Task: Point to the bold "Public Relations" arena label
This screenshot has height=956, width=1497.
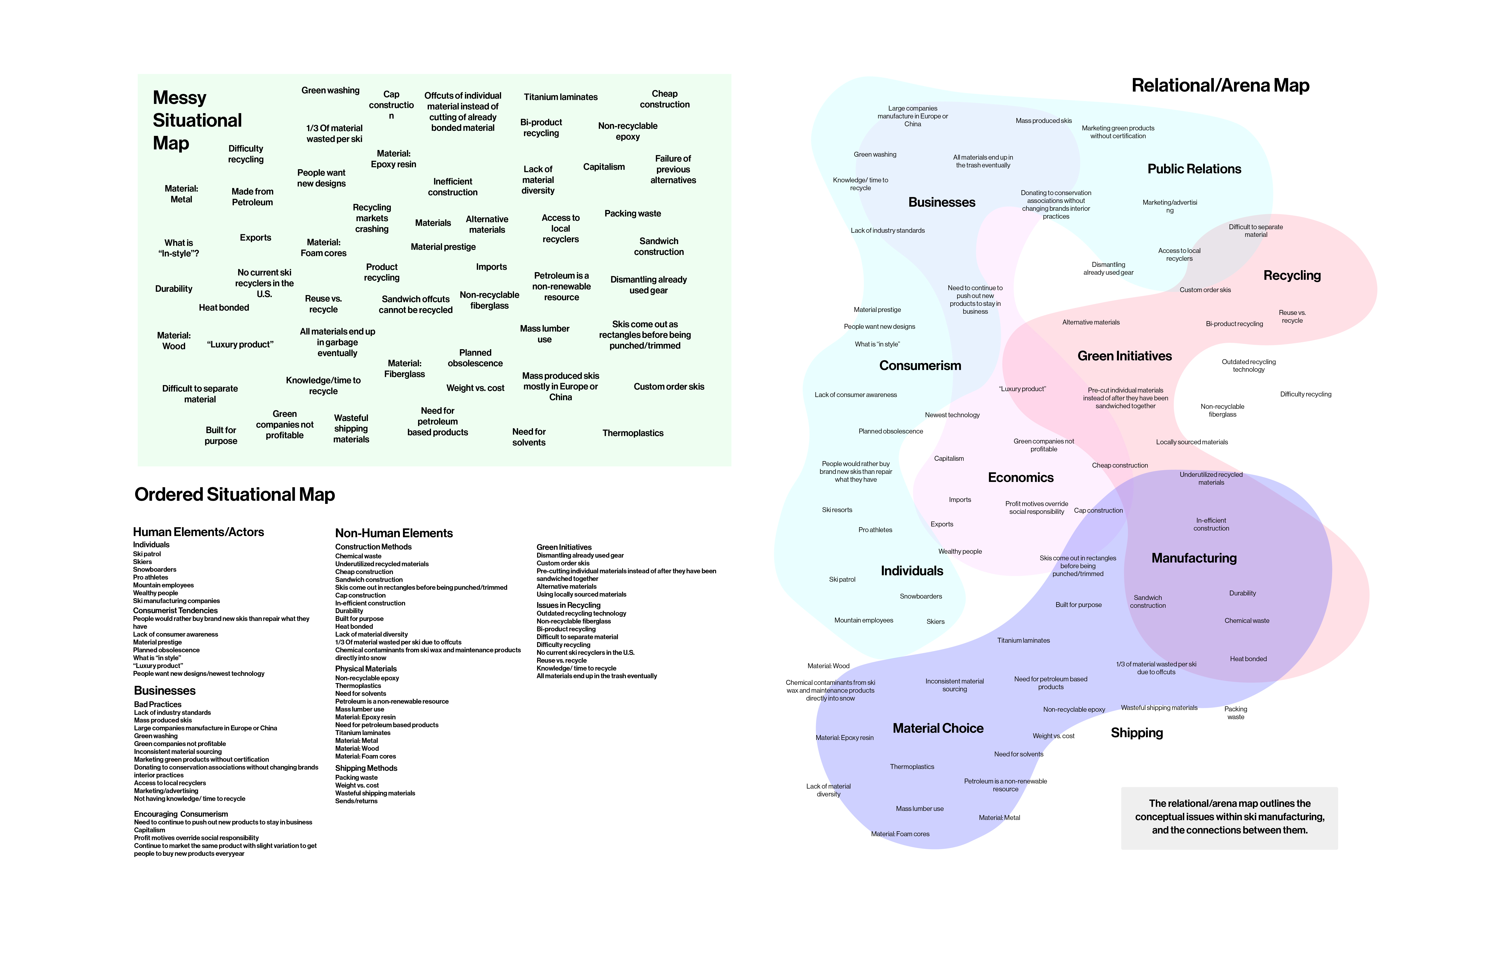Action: (x=1194, y=169)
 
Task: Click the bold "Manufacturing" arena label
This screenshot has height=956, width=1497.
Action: (x=1194, y=558)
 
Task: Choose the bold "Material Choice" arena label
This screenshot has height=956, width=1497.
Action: (x=938, y=729)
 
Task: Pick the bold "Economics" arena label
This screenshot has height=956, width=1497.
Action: (x=1020, y=477)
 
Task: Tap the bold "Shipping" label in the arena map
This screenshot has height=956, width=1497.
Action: (x=1136, y=733)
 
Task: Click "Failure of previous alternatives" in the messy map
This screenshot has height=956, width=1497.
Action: (x=673, y=169)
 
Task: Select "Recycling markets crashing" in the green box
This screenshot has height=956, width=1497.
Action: (x=372, y=218)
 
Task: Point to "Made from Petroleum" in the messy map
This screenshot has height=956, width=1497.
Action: (x=252, y=197)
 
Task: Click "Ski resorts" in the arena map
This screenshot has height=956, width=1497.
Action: (x=837, y=510)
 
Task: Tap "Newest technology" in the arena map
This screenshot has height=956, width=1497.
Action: (x=952, y=415)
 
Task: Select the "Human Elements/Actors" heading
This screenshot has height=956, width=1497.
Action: (x=198, y=532)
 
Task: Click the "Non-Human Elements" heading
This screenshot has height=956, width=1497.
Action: (x=394, y=533)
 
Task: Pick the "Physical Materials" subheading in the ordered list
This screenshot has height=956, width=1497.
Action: (x=366, y=669)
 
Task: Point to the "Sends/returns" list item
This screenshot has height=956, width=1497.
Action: (x=356, y=801)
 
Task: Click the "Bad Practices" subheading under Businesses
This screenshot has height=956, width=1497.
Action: (x=157, y=704)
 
